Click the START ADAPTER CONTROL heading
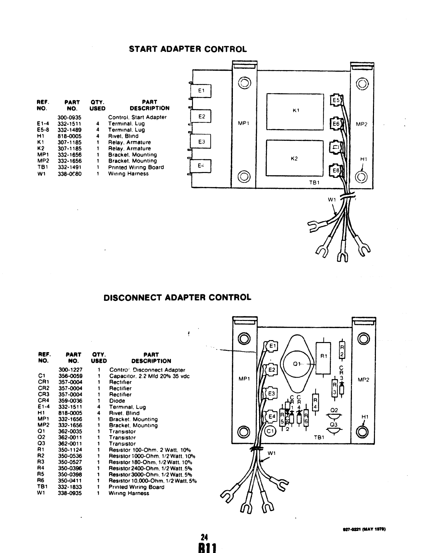click(188, 49)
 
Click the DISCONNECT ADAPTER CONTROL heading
click(177, 298)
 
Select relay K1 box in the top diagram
click(295, 111)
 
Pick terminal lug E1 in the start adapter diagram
click(201, 91)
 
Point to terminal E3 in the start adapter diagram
click(201, 141)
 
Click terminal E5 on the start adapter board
click(336, 100)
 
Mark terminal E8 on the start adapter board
click(336, 170)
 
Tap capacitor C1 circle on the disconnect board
click(270, 431)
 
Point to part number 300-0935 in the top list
click(69, 117)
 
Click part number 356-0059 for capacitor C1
click(70, 376)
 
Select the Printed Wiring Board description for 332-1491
click(136, 167)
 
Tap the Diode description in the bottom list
click(117, 401)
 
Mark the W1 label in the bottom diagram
click(271, 453)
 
